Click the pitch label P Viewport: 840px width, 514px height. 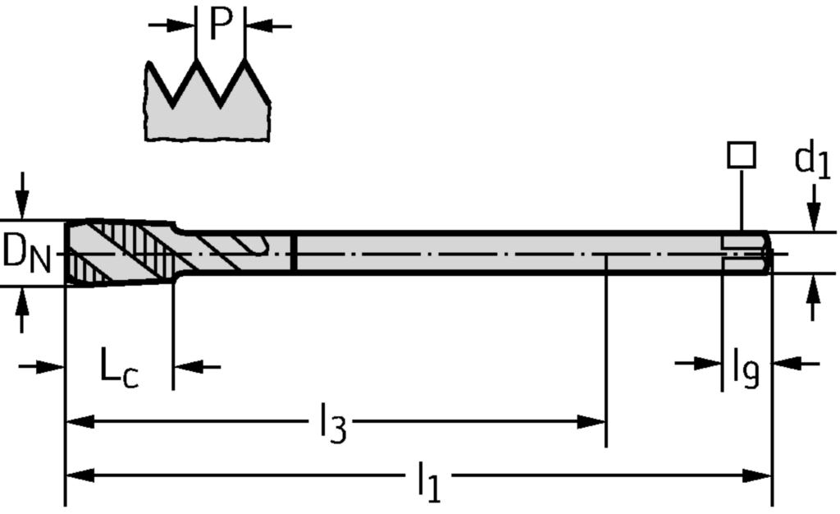220,24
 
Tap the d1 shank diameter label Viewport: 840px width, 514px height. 811,161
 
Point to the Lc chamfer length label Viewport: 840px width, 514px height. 119,369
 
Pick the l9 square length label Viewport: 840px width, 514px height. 745,369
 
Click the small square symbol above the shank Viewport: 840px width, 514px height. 742,154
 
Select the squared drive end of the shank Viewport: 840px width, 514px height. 746,252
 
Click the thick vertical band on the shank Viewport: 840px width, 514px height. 294,253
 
